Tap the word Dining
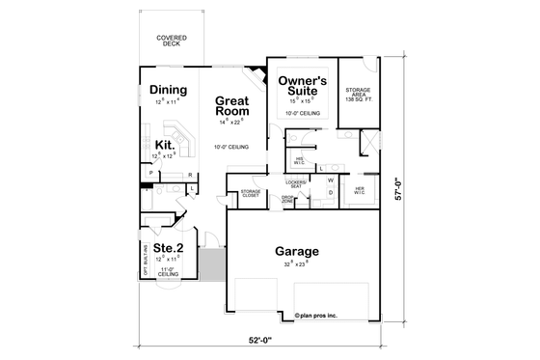[x=168, y=91]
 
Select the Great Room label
[x=233, y=105]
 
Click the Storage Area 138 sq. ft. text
[x=358, y=95]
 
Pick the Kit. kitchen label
[x=163, y=145]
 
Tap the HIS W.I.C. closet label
[x=300, y=160]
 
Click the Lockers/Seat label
[x=296, y=183]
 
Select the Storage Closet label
[x=250, y=193]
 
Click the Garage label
[x=295, y=252]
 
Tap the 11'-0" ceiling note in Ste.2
[x=168, y=271]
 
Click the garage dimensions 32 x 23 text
[x=295, y=263]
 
